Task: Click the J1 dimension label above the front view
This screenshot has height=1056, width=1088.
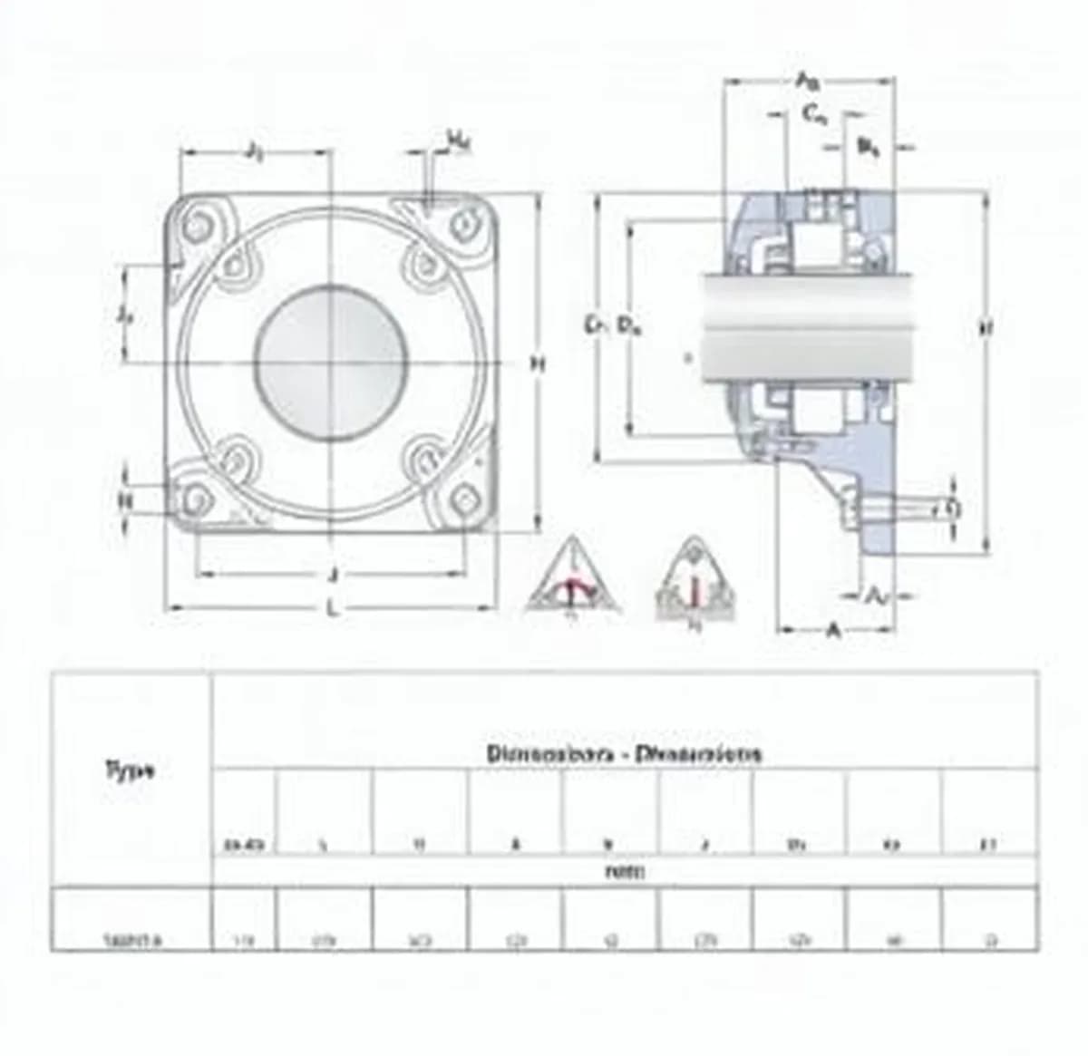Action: click(x=255, y=151)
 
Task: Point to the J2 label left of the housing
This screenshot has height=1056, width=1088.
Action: click(x=126, y=315)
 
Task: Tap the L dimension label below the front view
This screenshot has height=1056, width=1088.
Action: click(x=333, y=609)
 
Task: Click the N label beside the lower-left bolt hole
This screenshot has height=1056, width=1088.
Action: click(x=126, y=499)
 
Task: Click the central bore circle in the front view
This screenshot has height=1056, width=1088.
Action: click(x=329, y=363)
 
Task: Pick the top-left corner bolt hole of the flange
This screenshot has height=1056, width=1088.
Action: click(x=196, y=227)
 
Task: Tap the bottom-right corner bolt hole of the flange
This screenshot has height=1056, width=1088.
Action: click(x=464, y=498)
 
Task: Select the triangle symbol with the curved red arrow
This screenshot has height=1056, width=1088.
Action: click(x=572, y=580)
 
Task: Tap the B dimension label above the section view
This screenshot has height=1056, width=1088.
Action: click(x=868, y=147)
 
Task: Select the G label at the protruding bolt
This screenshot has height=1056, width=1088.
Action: click(x=952, y=509)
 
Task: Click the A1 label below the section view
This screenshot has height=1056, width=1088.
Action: click(x=876, y=596)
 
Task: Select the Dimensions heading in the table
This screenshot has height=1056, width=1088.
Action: click(x=625, y=753)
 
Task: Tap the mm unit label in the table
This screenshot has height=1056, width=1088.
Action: click(x=625, y=872)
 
